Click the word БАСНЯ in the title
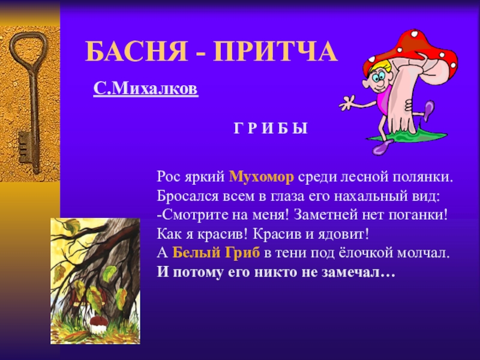click(x=136, y=52)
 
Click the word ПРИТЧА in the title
click(x=275, y=52)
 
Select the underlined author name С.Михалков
click(x=146, y=88)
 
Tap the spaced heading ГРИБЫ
click(x=271, y=128)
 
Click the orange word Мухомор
click(x=261, y=176)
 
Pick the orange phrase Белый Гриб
click(x=216, y=253)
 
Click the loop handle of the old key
click(x=29, y=50)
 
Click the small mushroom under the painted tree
click(x=98, y=325)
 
